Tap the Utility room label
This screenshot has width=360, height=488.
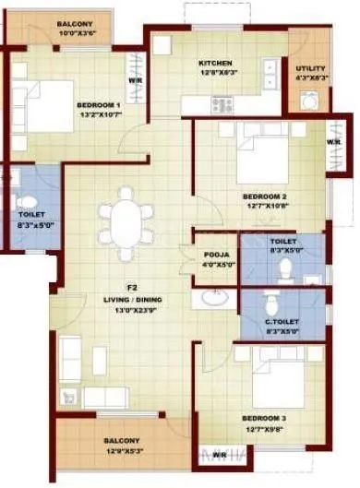309,68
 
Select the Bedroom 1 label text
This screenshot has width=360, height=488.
99,105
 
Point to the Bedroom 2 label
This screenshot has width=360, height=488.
264,197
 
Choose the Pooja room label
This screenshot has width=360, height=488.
213,251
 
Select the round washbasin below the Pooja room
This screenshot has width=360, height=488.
214,297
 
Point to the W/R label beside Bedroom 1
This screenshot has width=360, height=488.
135,79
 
